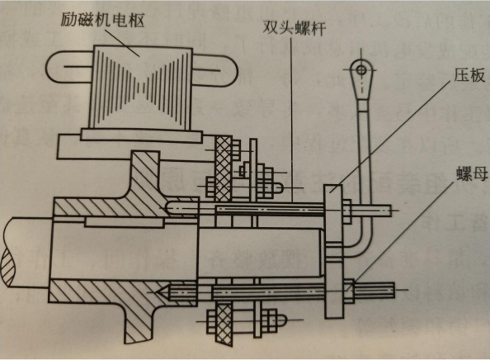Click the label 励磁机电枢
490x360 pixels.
point(102,21)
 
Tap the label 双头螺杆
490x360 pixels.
point(294,28)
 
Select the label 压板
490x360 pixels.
point(469,75)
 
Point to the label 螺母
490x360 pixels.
point(472,173)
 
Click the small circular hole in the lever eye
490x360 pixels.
point(361,69)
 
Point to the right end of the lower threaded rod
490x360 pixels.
point(393,290)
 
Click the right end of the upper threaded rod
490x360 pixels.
point(389,211)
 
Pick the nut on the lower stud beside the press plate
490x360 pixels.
point(349,291)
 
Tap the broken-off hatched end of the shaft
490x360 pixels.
point(7,264)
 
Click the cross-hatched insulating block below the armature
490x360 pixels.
point(224,168)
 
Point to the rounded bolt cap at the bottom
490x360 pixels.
point(280,320)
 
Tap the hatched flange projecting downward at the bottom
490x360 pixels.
point(140,322)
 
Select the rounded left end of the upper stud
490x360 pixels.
point(169,208)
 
